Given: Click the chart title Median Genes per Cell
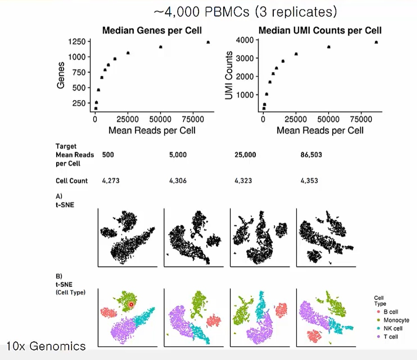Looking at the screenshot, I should pos(152,31).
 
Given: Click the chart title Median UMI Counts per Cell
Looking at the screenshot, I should pos(320,31).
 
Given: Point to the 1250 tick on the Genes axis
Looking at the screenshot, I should pos(77,42).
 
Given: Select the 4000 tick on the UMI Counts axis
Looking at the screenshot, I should pos(246,40).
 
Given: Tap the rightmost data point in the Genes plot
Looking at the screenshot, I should pos(208,42).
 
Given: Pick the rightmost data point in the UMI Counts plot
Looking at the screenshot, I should pos(376,42).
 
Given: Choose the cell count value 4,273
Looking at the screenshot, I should pos(111,181).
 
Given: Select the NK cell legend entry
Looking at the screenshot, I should pos(393,328).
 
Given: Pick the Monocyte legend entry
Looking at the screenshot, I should pos(396,320).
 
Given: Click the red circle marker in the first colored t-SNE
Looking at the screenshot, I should pos(131,304).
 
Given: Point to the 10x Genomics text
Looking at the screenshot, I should pos(46,345).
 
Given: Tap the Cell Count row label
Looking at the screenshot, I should pos(71,181).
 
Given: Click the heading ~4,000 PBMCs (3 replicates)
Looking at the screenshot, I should pos(245,12).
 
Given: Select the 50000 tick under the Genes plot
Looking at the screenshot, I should pos(160,120).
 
